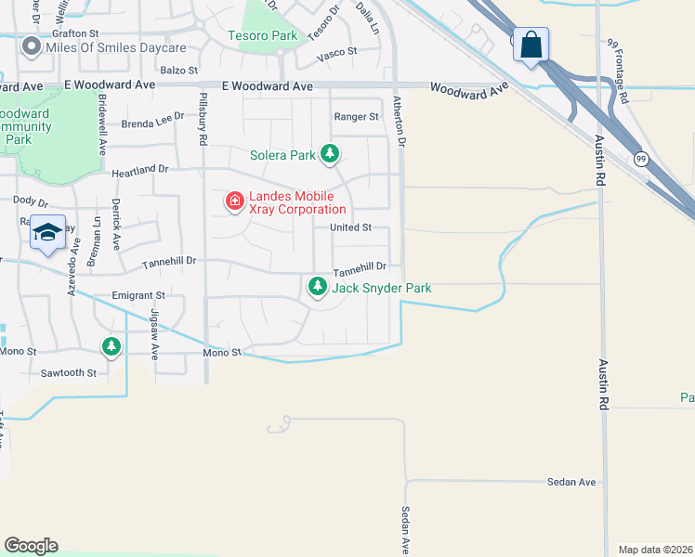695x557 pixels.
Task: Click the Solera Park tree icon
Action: (329, 154)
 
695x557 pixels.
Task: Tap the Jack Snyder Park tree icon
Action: (318, 288)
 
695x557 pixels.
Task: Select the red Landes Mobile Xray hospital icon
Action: (234, 200)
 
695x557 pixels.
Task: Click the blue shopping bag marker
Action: (531, 45)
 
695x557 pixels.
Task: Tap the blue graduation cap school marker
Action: (47, 232)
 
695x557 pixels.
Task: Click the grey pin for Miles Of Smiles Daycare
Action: (31, 47)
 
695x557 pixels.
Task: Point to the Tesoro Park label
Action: (263, 36)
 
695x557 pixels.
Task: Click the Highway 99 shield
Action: (641, 159)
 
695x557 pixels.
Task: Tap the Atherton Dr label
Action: (400, 122)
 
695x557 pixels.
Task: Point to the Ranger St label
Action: (356, 117)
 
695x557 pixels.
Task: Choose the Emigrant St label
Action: (138, 295)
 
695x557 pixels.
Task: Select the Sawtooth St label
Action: (69, 372)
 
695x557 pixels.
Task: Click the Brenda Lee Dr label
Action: (153, 122)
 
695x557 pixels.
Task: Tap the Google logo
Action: (31, 545)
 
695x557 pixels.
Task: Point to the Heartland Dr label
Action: (140, 170)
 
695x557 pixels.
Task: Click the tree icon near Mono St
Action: (111, 346)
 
